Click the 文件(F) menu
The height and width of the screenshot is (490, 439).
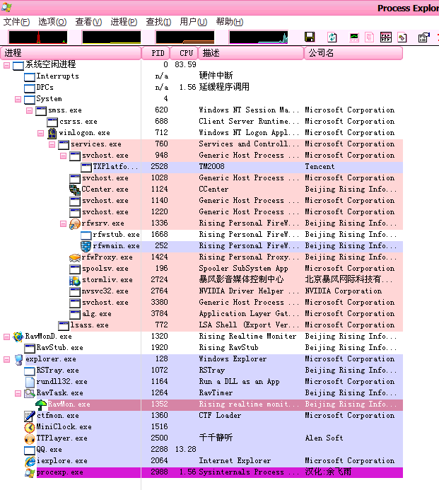[x=16, y=22]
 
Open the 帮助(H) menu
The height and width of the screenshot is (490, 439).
[x=229, y=22]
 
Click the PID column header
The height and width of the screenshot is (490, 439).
[x=157, y=53]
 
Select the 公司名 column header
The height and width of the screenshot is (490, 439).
[x=320, y=53]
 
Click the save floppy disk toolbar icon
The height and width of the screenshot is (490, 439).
[x=310, y=37]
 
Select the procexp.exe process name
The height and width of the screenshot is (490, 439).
[x=59, y=472]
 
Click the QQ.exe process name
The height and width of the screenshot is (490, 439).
[x=49, y=449]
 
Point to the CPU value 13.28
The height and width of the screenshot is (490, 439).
[x=185, y=449]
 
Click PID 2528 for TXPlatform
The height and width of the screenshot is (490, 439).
[x=159, y=166]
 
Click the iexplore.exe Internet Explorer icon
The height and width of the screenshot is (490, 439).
[x=29, y=460]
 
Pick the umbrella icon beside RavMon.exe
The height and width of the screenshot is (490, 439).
[x=40, y=404]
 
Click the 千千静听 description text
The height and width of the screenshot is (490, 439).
[x=216, y=438]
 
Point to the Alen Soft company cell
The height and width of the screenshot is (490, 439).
[x=324, y=438]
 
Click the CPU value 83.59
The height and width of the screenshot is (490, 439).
[x=185, y=64]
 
